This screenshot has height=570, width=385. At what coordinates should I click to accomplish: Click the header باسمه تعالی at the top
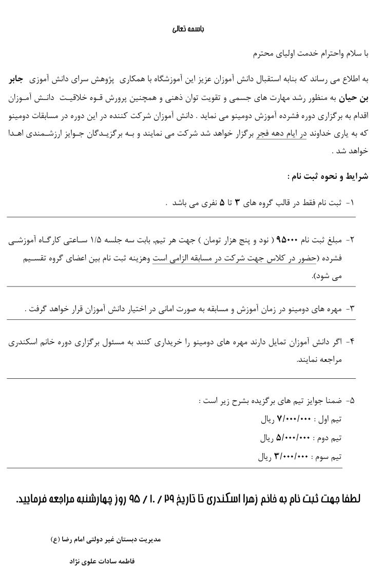pos(188,29)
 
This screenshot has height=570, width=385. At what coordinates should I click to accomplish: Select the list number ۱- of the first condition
pos(350,203)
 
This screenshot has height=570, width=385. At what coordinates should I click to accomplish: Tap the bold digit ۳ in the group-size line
pos(237,203)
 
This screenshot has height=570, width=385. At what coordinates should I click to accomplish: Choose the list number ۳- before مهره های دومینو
pos(350,309)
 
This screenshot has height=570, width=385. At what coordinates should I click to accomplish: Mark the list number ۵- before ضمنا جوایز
pos(350,401)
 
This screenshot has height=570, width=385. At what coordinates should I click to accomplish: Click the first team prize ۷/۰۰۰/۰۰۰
pos(294,419)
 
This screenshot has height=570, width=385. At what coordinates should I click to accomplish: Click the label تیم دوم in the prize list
pos(329,438)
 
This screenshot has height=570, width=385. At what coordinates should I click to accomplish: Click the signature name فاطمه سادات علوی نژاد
pos(102,561)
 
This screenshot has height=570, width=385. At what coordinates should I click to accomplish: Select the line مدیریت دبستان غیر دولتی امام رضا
pos(106,539)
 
